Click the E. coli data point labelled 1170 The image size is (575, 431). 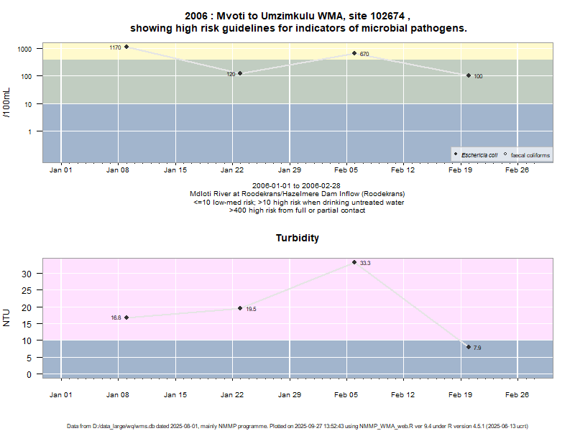pos(126,47)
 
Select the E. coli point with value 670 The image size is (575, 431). pos(354,53)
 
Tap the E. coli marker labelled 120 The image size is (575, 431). pos(240,73)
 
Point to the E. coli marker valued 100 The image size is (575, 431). pos(469,75)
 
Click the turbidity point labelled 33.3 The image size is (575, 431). pos(354,262)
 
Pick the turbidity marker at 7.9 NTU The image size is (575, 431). pos(469,347)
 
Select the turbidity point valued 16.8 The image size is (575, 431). pos(126,318)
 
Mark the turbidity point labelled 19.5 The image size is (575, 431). pos(240,308)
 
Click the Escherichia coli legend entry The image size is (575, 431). pos(477,154)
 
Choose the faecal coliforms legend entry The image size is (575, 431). pos(527,154)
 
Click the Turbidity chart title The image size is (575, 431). pos(298,238)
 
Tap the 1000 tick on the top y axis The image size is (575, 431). pos(26,49)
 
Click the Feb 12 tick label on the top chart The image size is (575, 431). pos(402,171)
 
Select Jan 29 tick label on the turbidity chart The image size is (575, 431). pos(289,394)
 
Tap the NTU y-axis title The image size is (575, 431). pos(7,317)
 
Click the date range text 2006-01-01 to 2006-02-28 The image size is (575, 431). pos(297,186)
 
